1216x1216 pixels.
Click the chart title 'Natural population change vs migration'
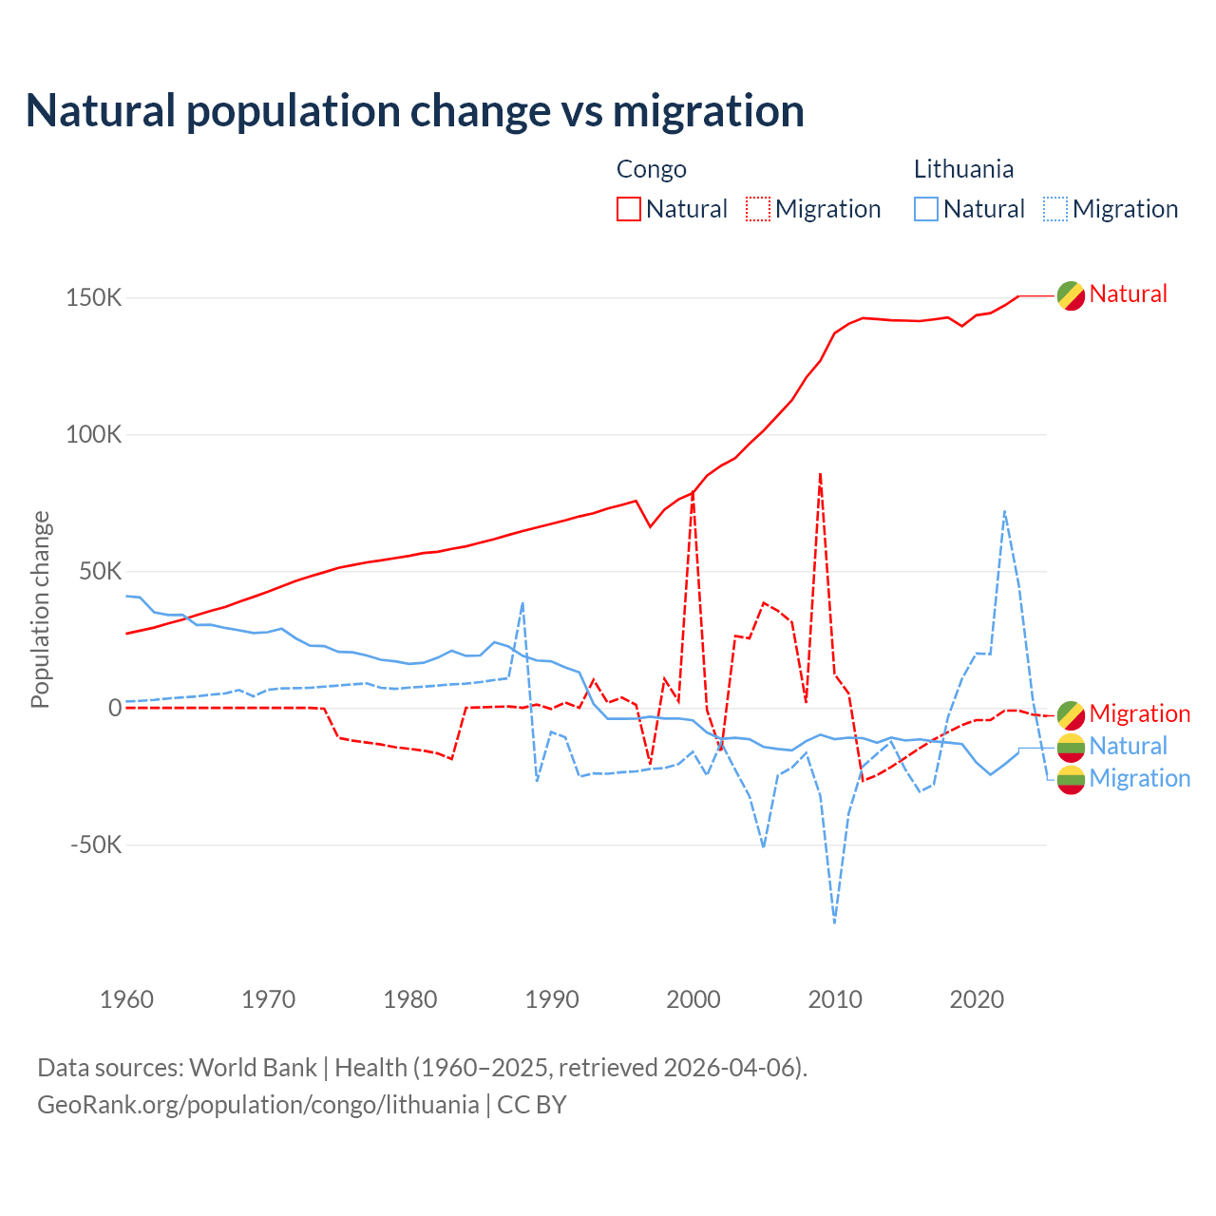tap(415, 111)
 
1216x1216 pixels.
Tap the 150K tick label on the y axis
tap(94, 297)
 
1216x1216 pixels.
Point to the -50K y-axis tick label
tap(96, 845)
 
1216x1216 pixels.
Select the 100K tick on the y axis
tap(94, 434)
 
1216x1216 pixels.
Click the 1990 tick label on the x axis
tap(552, 999)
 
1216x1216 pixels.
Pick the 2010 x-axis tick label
tap(835, 999)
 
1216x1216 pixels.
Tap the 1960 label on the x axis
tap(126, 999)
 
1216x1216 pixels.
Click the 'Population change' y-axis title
tap(40, 609)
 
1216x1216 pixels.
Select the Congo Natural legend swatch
tap(629, 209)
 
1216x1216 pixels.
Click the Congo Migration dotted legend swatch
tap(758, 209)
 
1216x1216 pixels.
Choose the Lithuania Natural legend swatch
tap(926, 209)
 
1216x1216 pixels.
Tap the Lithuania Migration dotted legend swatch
tap(1055, 209)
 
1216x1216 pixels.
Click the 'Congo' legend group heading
tap(651, 169)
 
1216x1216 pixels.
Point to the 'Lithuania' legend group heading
tap(963, 169)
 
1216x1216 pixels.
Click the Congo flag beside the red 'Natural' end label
tap(1071, 295)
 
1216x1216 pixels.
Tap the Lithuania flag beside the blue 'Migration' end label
tap(1071, 779)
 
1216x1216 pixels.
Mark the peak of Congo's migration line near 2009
tap(820, 473)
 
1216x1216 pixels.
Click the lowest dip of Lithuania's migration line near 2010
tap(834, 921)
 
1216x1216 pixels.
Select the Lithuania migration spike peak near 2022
tap(1004, 511)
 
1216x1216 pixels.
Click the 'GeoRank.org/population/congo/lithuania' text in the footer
tap(257, 1105)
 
